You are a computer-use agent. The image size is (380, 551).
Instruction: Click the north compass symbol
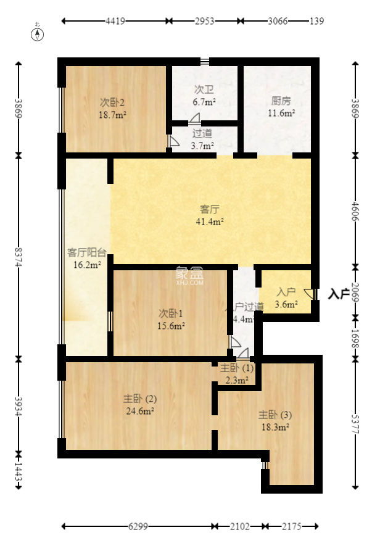[x=37, y=34]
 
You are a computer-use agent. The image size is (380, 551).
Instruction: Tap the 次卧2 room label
[x=112, y=102]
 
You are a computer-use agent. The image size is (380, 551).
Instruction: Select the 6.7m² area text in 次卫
[x=204, y=102]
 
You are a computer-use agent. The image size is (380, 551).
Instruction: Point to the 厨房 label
[x=281, y=101]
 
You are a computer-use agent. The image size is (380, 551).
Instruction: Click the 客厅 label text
[x=210, y=209]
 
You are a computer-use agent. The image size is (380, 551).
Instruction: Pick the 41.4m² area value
[x=210, y=222]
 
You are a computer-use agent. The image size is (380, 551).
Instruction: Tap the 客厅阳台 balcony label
[x=87, y=252]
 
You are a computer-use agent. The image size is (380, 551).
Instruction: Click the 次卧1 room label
[x=171, y=313]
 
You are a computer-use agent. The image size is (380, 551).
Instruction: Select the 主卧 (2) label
[x=140, y=399]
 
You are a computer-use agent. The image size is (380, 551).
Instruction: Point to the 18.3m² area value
[x=275, y=427]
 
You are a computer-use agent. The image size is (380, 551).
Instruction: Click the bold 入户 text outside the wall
[x=339, y=294]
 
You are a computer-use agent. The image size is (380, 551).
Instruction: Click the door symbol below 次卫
[x=195, y=118]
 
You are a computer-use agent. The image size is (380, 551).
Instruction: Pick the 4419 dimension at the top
[x=115, y=21]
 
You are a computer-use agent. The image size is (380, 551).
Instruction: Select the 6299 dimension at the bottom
[x=138, y=526]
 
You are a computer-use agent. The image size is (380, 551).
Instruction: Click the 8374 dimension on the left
[x=19, y=257]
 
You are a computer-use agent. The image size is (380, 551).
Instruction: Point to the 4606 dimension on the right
[x=355, y=211]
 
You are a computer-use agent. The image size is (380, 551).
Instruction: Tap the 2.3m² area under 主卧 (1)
[x=237, y=380]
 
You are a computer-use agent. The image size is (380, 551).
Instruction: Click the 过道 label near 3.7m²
[x=202, y=133]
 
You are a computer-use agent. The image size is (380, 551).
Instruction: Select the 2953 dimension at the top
[x=205, y=21]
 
